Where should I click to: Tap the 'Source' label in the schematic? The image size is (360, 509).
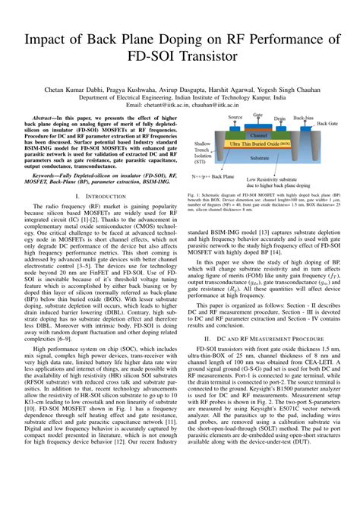pos(235,118)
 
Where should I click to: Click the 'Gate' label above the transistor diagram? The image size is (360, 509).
pos(258,115)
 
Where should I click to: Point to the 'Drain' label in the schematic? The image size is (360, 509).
pos(279,119)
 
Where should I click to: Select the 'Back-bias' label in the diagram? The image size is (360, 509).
pos(303,119)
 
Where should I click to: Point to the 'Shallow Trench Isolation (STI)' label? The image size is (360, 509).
pos(203,151)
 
